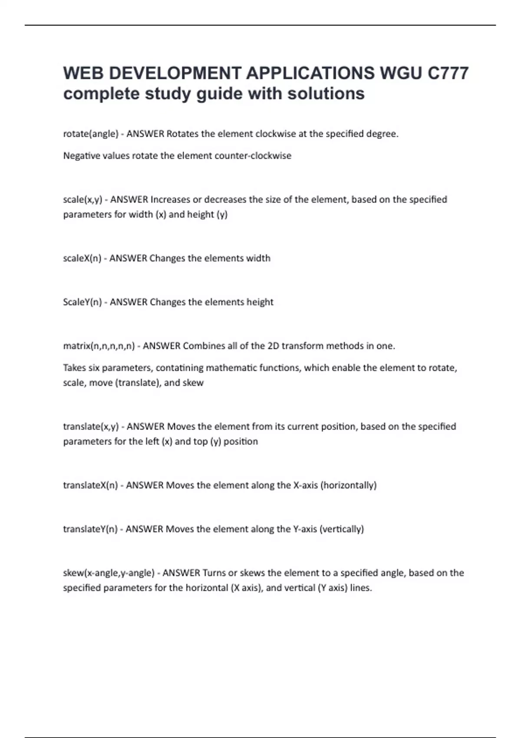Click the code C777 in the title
click(448, 73)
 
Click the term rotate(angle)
click(91, 134)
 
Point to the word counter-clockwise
click(262, 155)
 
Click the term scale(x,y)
click(82, 200)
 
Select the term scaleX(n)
click(82, 258)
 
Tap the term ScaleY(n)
click(82, 302)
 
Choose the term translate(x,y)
click(91, 426)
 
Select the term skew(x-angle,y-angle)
click(109, 573)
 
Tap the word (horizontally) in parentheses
click(348, 485)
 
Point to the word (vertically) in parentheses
click(342, 529)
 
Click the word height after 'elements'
click(260, 302)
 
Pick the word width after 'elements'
click(258, 258)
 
